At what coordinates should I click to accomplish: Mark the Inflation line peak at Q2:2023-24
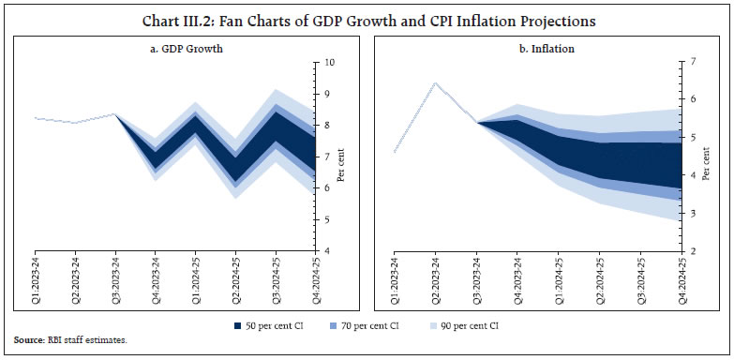click(434, 82)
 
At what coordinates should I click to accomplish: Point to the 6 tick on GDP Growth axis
click(327, 188)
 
